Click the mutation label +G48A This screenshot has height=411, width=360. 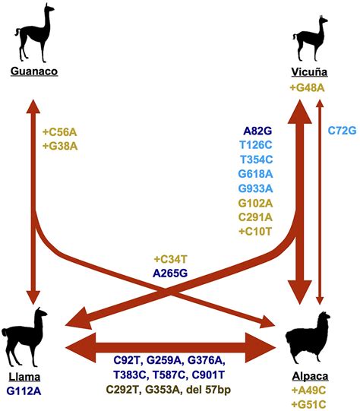pyautogui.click(x=308, y=88)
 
